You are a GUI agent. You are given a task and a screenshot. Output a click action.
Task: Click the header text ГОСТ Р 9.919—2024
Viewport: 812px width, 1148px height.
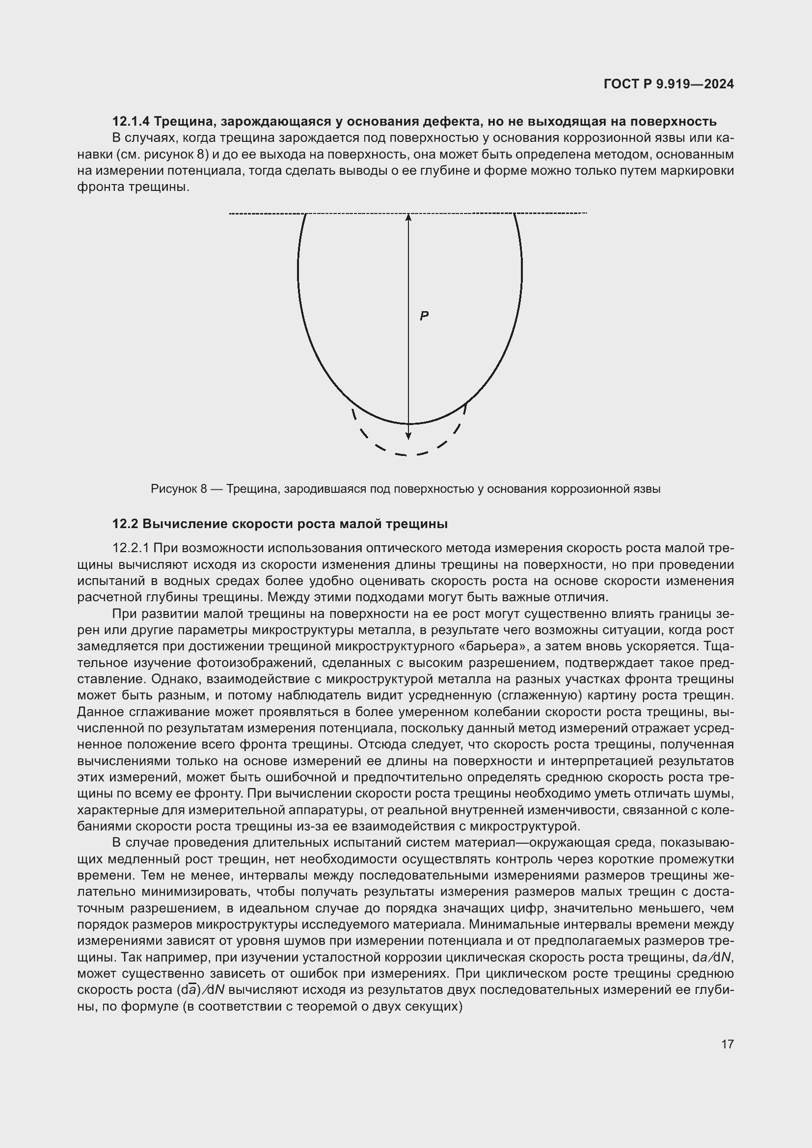(x=669, y=84)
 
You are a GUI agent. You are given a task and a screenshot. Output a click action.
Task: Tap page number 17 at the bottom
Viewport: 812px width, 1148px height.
(x=728, y=1044)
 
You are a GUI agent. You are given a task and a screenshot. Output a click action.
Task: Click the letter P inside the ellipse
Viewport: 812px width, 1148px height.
(x=424, y=316)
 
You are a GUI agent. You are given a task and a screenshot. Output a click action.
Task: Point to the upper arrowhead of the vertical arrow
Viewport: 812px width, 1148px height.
(x=408, y=217)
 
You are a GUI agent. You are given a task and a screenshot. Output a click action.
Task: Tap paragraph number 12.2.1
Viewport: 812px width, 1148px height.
(x=131, y=548)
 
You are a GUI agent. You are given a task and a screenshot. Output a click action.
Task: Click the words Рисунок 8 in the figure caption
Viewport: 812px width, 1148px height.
(x=179, y=489)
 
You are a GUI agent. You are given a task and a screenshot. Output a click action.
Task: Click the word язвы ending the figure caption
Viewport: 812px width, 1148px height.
(x=648, y=489)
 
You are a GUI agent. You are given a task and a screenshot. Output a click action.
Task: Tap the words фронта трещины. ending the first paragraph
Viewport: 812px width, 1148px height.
(x=133, y=187)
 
